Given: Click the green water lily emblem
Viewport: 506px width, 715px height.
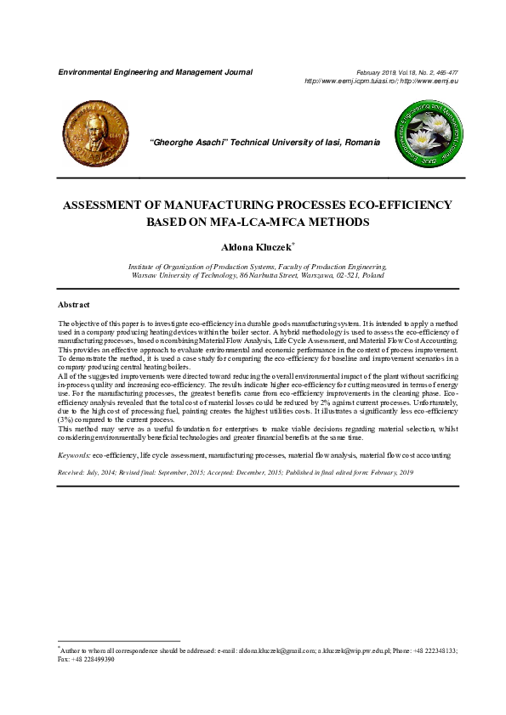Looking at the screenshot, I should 427,132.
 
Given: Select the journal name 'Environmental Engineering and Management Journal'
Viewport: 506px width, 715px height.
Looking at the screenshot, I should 155,72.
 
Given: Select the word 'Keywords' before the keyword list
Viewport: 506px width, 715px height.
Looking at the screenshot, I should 73,456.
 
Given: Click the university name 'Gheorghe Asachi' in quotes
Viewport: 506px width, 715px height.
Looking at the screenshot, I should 189,142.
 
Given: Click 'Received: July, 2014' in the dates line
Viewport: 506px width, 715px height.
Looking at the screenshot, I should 87,470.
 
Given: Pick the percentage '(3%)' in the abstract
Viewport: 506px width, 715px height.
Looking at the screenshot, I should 66,420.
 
